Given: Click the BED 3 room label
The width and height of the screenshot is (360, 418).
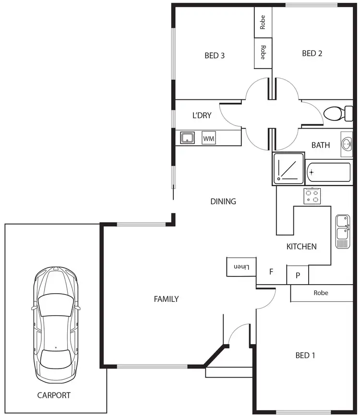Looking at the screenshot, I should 215,55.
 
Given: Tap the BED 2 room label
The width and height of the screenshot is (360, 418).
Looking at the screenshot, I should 312,53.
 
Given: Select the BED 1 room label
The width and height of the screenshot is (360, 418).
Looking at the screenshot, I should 305,356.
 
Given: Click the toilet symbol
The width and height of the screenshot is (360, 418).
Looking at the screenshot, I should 336,114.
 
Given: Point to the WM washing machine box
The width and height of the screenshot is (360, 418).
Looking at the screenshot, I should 208,138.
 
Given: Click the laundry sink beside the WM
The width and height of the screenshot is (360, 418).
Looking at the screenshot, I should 187,138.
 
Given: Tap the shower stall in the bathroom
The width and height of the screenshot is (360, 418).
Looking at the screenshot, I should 288,168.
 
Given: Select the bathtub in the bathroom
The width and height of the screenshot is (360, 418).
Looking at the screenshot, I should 329,172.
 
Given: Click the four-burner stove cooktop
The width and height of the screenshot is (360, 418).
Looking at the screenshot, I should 312,196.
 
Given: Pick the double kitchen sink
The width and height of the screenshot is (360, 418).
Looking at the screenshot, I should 343,231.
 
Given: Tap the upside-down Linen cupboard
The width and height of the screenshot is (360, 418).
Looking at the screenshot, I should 241,267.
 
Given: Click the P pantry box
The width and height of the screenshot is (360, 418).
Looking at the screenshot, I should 298,275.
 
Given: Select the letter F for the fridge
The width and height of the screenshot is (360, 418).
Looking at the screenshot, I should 271,272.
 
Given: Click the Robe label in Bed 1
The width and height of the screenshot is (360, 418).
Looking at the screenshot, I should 321,293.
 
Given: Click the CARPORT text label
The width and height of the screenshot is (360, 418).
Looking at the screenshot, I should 54,395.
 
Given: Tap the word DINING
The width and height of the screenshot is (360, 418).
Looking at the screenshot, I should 223,202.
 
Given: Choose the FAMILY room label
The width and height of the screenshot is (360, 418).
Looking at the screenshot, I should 166,299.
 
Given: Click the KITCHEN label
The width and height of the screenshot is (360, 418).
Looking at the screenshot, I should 301,247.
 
